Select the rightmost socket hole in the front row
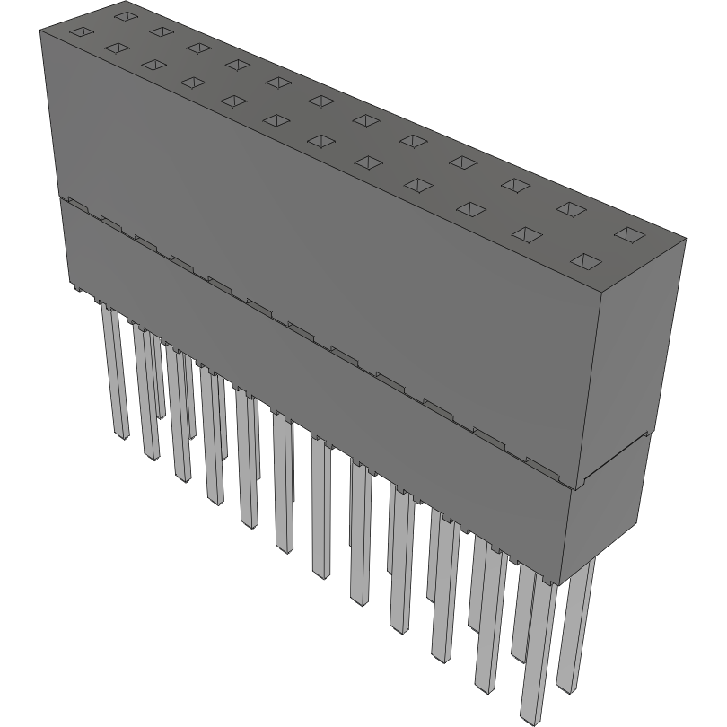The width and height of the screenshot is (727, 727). coord(586,261)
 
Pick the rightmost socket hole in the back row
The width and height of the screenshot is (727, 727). coord(630,235)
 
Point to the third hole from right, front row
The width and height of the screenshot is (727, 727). coord(471,209)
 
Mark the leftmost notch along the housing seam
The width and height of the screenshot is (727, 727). coord(76,206)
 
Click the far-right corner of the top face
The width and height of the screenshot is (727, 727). coord(685,240)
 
